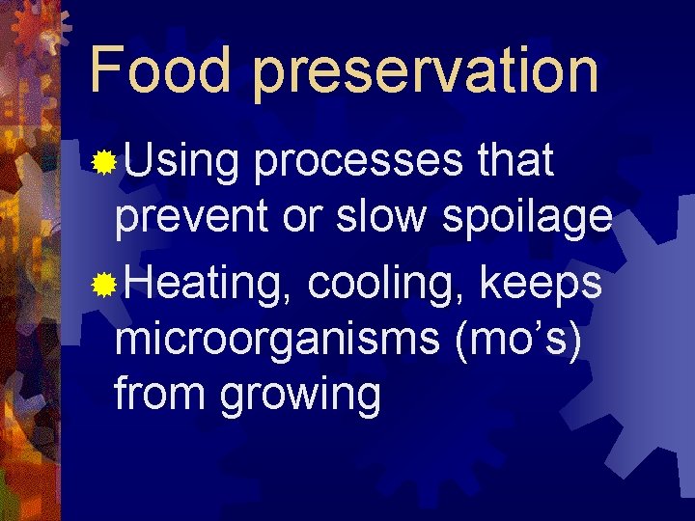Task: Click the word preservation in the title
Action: (x=426, y=72)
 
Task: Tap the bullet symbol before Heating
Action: (x=102, y=286)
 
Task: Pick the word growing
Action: (x=300, y=398)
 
